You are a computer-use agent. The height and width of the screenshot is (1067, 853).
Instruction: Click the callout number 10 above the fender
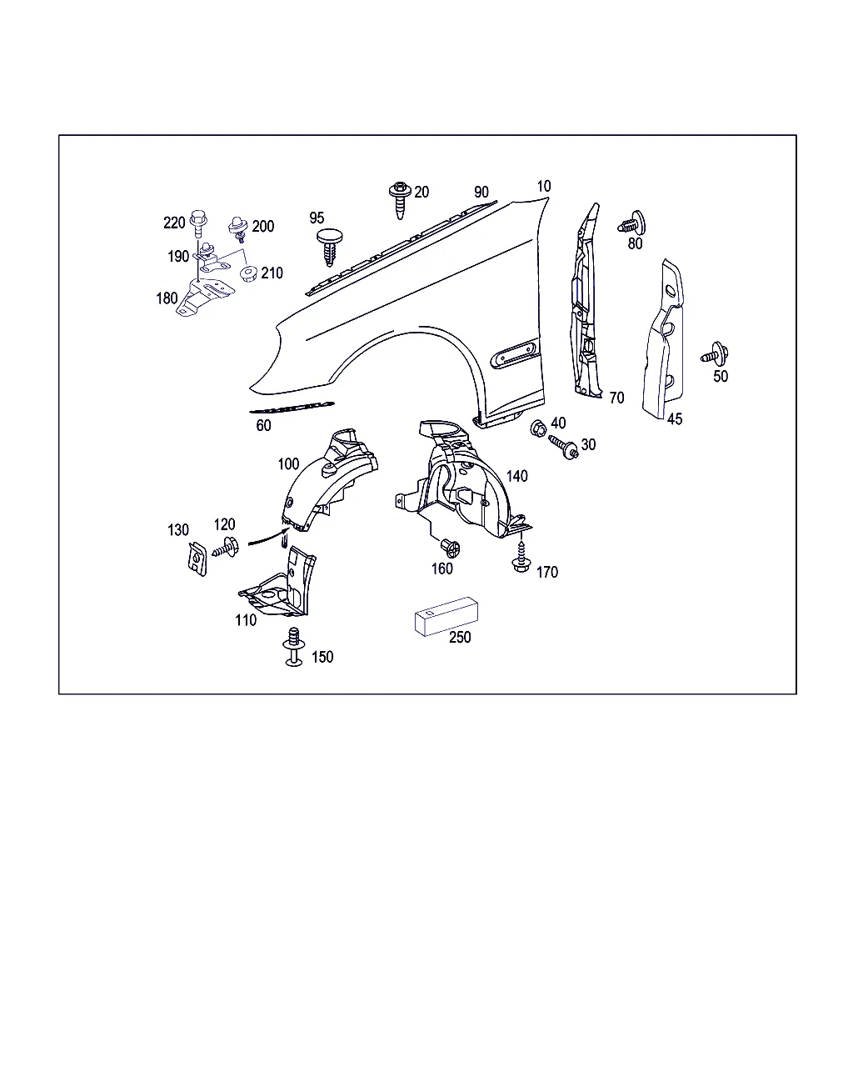(544, 186)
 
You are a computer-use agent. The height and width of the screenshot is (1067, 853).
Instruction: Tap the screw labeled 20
(400, 200)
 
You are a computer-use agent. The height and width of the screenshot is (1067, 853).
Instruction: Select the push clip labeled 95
(330, 247)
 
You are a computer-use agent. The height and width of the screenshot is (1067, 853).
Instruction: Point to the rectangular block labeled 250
(446, 616)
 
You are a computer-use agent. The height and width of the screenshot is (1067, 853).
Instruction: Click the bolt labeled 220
(198, 223)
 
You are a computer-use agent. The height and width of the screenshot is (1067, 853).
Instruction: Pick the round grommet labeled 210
(248, 273)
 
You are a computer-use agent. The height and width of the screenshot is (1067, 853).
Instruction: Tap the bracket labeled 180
(203, 297)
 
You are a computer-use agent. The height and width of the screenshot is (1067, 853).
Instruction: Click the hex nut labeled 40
(538, 428)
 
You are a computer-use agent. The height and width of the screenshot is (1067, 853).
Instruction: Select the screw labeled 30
(564, 447)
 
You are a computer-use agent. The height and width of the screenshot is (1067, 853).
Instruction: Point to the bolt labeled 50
(715, 353)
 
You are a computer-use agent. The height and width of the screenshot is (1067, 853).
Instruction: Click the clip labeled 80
(631, 223)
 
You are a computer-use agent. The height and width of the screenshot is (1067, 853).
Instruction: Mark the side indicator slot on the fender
(515, 353)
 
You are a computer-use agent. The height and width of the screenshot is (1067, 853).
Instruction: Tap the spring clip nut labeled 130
(197, 559)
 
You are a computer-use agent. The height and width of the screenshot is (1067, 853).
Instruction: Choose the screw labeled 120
(226, 548)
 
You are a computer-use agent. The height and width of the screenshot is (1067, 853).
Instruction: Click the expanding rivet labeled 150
(294, 647)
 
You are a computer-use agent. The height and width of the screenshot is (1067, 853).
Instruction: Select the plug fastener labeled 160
(450, 548)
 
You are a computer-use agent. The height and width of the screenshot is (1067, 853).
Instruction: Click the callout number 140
(517, 476)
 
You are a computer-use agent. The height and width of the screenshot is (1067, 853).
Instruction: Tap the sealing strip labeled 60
(292, 408)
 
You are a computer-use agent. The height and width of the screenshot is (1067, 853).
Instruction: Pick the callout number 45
(675, 419)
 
